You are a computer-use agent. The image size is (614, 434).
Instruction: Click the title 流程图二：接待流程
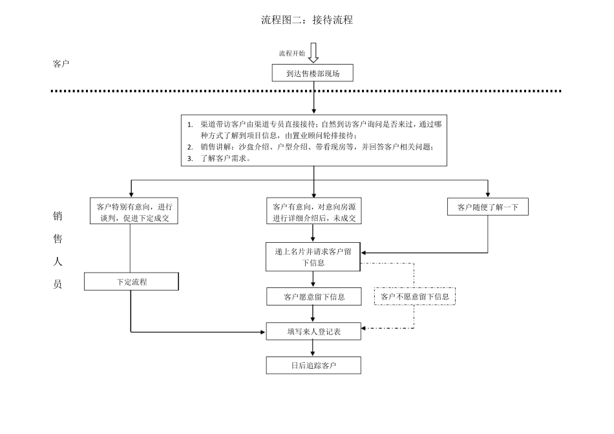[x=307, y=20]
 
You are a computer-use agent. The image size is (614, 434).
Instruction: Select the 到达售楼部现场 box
[x=313, y=74]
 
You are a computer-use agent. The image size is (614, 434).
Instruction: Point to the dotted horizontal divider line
[x=194, y=91]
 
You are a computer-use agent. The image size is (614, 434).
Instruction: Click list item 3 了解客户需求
[x=226, y=157]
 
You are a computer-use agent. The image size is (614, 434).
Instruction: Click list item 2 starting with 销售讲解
[x=310, y=147]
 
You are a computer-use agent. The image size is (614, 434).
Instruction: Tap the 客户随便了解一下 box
[x=488, y=207]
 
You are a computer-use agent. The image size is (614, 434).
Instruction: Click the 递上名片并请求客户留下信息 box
[x=313, y=257]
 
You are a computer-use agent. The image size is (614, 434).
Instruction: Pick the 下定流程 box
[x=132, y=282]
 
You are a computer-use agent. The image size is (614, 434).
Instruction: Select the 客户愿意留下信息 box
[x=313, y=297]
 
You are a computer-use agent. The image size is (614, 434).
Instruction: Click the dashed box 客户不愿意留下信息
[x=414, y=296]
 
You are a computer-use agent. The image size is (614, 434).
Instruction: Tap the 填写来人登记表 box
[x=313, y=332]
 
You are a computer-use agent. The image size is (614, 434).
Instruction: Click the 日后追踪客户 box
[x=313, y=366]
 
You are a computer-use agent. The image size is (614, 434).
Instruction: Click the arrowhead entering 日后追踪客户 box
[x=313, y=354]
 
